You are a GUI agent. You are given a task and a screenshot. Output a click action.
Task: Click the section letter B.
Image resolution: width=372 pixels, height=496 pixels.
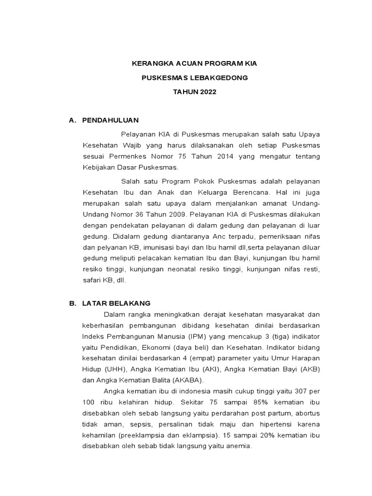(72, 303)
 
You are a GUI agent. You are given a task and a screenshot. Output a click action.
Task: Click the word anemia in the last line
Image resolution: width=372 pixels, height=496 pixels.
(240, 446)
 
